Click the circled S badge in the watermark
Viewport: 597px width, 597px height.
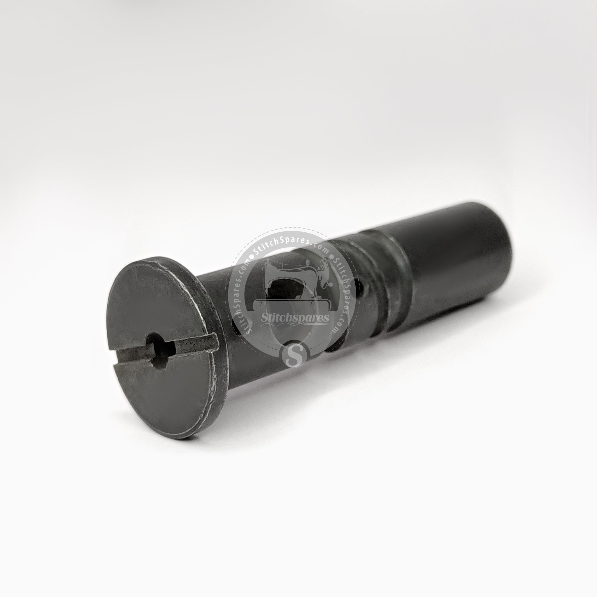pos(294,354)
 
